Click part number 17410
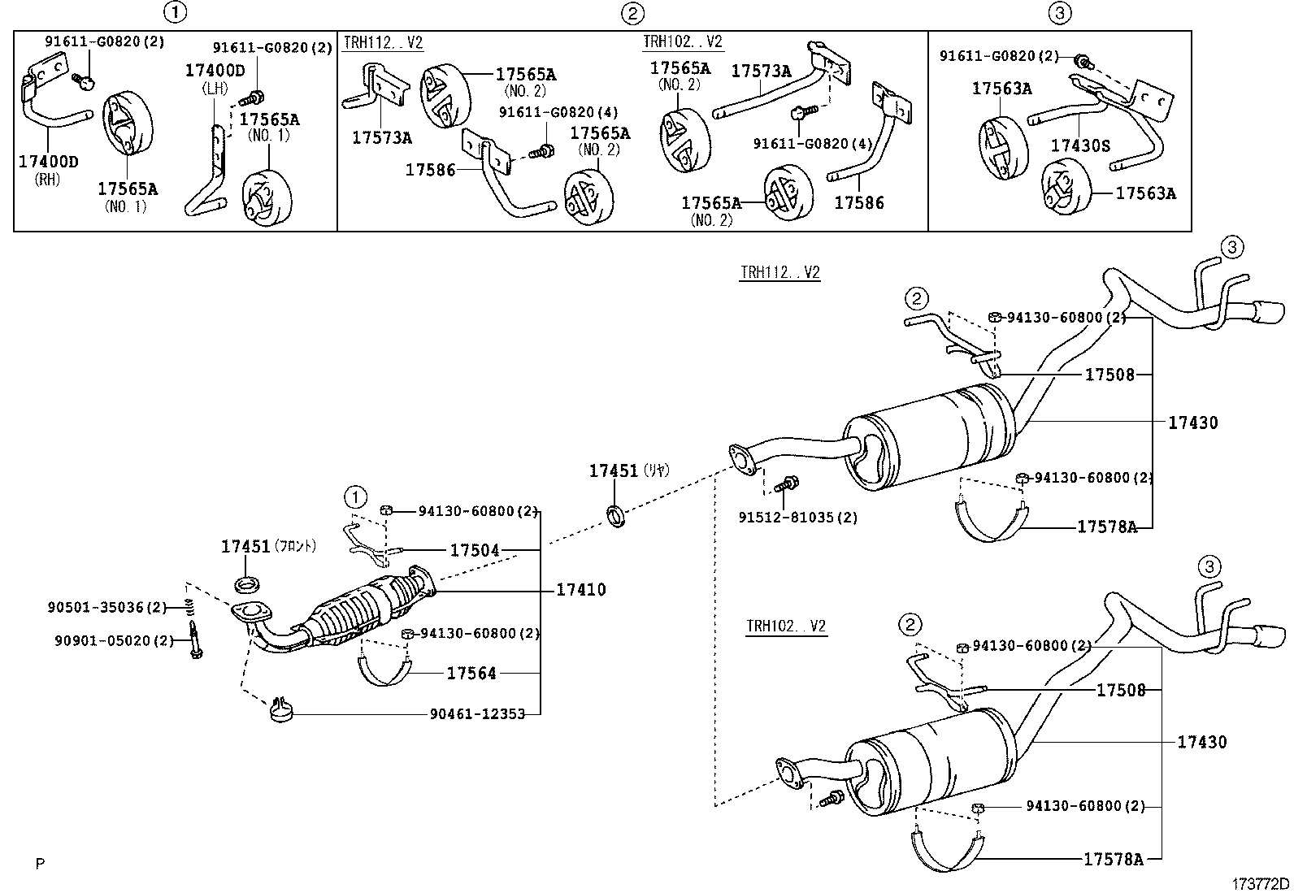580,590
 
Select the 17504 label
474,551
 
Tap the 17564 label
471,673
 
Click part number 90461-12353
477,713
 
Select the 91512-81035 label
797,517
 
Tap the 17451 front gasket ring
246,584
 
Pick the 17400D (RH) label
49,162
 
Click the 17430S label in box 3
1080,145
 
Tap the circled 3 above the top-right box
1060,12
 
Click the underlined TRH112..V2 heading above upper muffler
779,273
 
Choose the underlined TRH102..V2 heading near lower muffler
786,626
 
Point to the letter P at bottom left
39,865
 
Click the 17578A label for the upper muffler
1106,527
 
